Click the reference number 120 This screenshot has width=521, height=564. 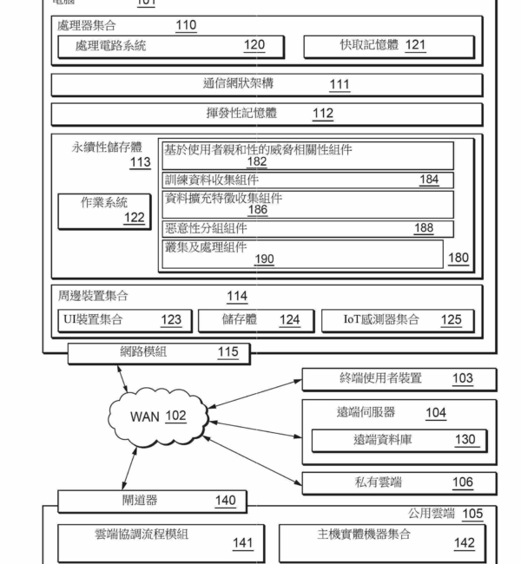[254, 46]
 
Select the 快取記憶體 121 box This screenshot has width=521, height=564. [388, 46]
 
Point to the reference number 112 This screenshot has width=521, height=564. [323, 113]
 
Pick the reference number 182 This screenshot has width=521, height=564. [257, 161]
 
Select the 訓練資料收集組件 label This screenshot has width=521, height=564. [212, 180]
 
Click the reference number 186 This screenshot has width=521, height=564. [257, 210]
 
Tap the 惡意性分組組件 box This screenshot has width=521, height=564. [308, 228]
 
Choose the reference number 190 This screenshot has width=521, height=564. [265, 259]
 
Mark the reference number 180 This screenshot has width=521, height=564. [458, 258]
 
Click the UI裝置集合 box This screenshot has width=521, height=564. [122, 319]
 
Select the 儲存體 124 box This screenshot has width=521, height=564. [254, 319]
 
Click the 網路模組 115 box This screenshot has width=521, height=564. [159, 352]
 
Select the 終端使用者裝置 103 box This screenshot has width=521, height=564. [399, 379]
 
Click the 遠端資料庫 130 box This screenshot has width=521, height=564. [399, 440]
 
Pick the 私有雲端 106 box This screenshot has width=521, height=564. [399, 482]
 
